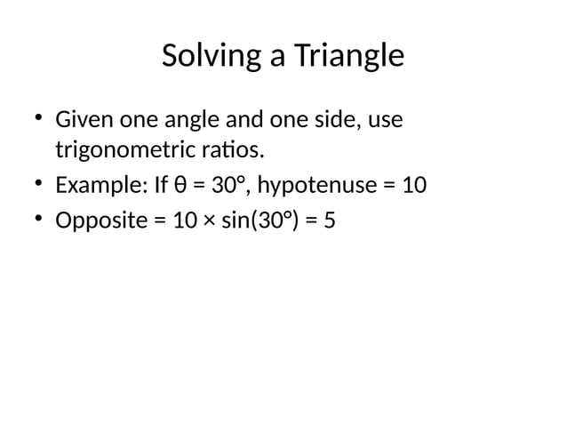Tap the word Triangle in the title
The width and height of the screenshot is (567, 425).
pyautogui.click(x=347, y=57)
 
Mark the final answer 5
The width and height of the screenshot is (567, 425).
pyautogui.click(x=330, y=220)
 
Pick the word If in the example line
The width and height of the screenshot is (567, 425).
pyautogui.click(x=161, y=186)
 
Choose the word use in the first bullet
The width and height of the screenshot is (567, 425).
pyautogui.click(x=384, y=119)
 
